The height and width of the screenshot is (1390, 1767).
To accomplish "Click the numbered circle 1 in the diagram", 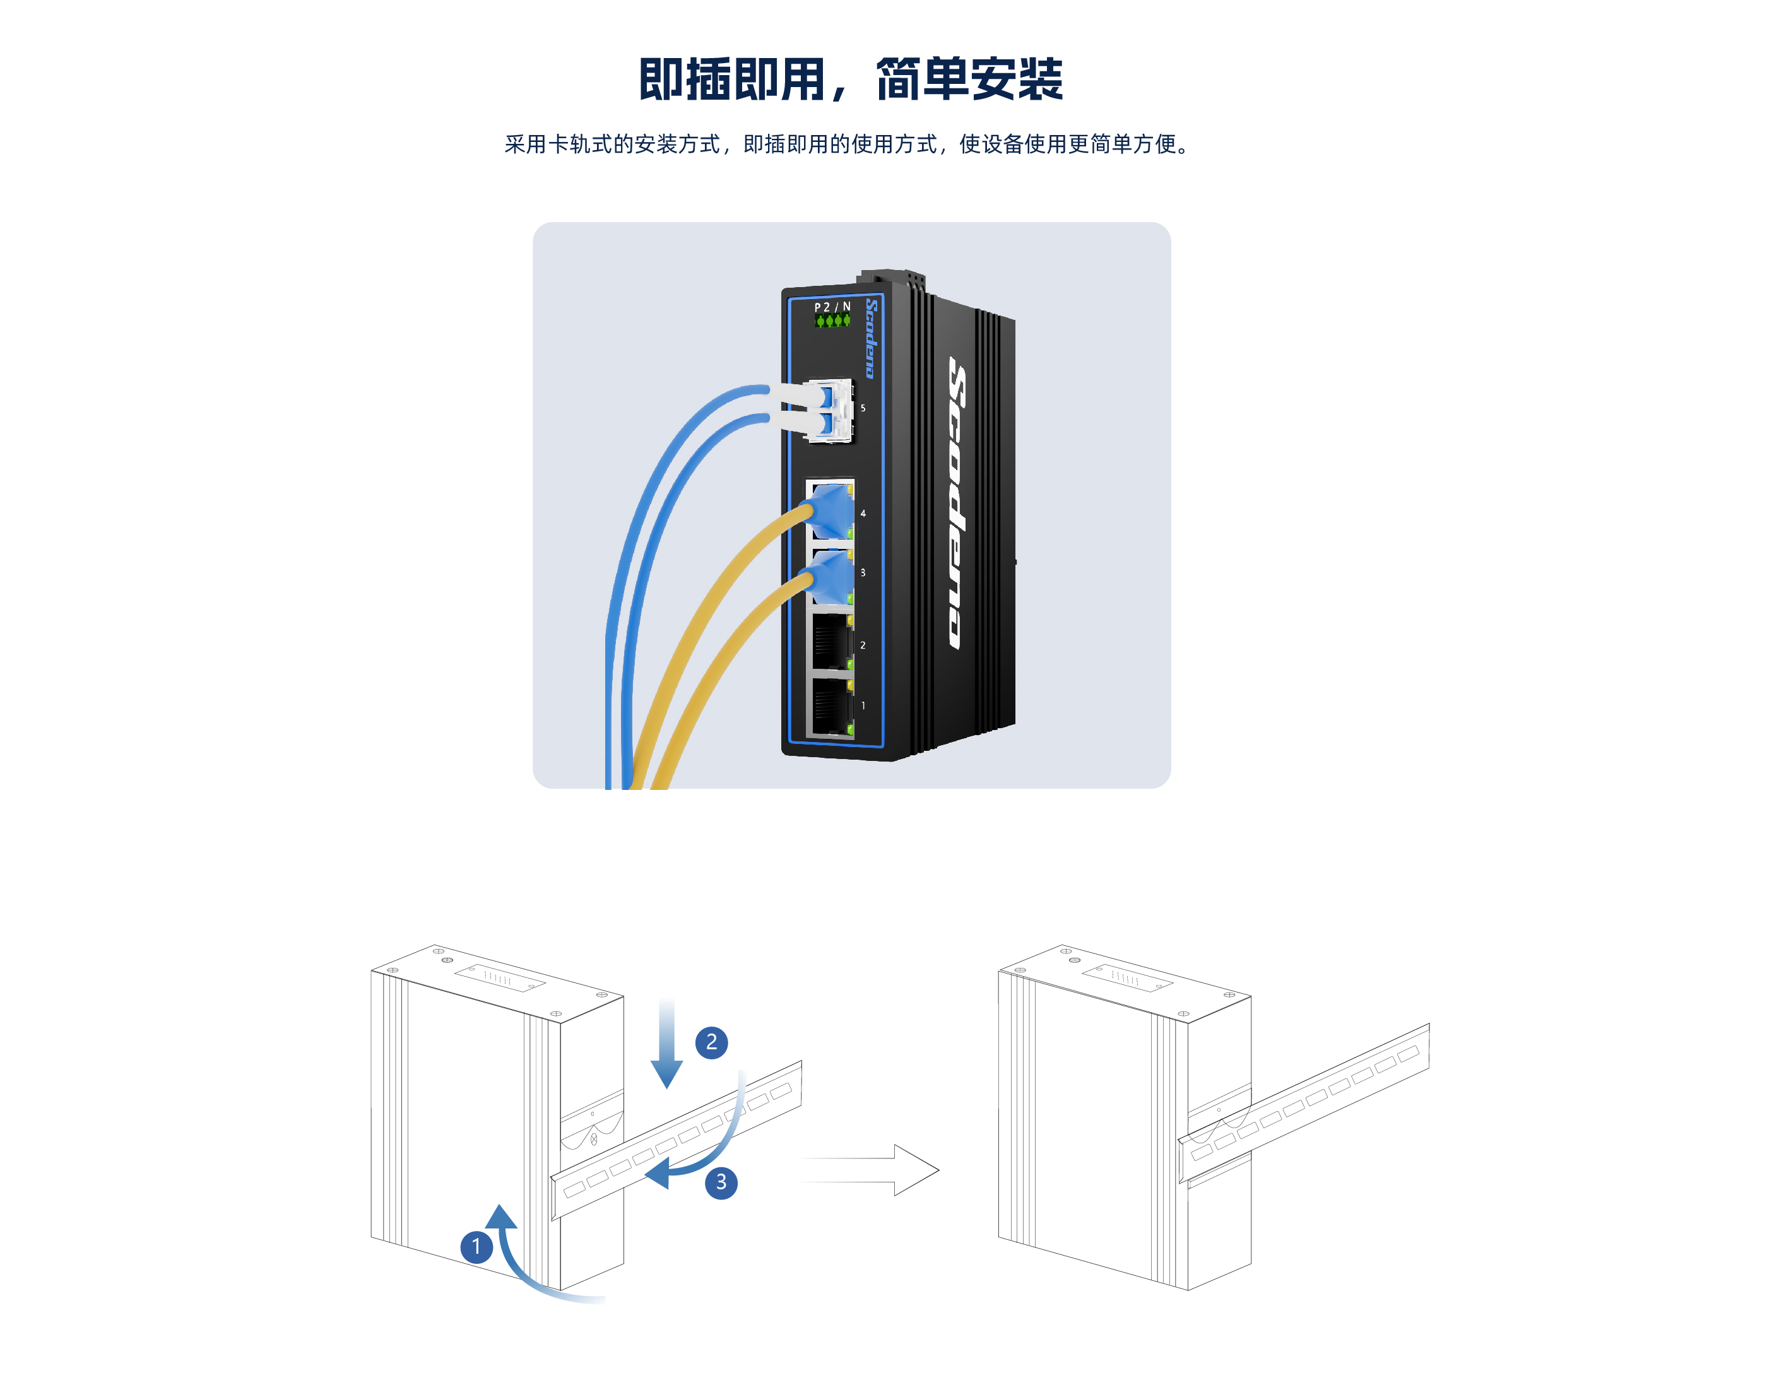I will [476, 1246].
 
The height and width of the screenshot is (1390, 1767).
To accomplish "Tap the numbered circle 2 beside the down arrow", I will [711, 1042].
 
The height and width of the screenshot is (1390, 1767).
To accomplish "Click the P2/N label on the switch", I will [832, 307].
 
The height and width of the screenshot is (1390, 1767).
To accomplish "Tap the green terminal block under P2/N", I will [832, 321].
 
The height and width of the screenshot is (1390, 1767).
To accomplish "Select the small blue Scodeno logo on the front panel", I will [871, 338].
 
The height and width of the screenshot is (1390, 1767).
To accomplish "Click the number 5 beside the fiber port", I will [863, 408].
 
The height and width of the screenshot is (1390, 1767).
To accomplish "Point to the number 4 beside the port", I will [863, 514].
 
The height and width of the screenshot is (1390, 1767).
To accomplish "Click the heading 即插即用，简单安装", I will [851, 79].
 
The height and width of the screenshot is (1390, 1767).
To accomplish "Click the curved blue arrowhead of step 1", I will [500, 1216].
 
